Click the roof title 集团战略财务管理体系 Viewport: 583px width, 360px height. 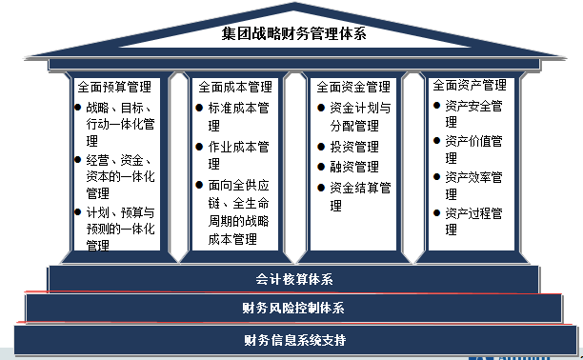click(293, 35)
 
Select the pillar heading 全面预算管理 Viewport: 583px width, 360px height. click(117, 87)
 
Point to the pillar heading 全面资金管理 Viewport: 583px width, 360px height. click(353, 87)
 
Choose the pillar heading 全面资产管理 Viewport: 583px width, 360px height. click(469, 86)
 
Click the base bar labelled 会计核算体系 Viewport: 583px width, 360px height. click(293, 279)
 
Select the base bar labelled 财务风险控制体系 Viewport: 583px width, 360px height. click(293, 308)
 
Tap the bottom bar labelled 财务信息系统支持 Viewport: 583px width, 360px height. click(293, 339)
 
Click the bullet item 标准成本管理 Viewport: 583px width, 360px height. click(239, 108)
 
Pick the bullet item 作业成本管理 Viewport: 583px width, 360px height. click(239, 147)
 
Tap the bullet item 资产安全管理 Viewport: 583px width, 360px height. click(473, 106)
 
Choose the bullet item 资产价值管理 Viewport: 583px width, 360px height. click(473, 141)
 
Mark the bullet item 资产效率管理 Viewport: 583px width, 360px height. click(473, 177)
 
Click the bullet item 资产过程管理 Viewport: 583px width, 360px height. click(473, 212)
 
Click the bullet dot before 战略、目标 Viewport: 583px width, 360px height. click(77, 108)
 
